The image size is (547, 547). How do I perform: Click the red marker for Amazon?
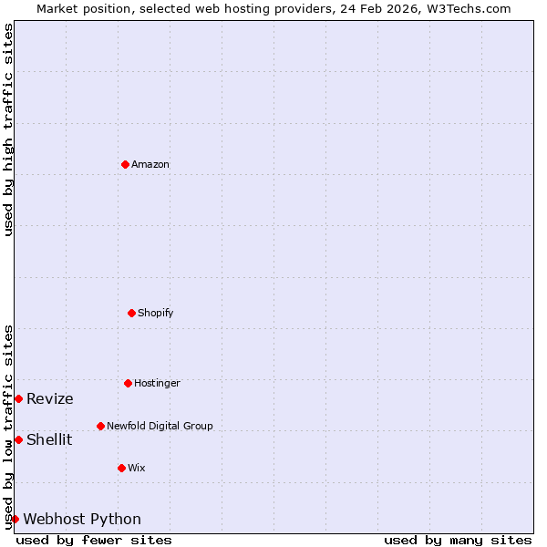click(x=125, y=164)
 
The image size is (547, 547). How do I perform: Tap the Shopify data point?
click(x=131, y=313)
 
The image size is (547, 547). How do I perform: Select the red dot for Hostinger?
click(x=128, y=383)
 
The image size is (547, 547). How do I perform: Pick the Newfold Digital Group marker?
click(x=100, y=426)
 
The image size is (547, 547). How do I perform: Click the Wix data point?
click(x=121, y=468)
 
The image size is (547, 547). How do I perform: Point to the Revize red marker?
click(x=18, y=398)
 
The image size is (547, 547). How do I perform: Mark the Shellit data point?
click(x=18, y=439)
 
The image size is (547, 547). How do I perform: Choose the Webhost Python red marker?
click(x=15, y=519)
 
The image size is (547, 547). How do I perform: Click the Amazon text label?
click(x=150, y=164)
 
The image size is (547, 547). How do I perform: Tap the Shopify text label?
click(x=156, y=313)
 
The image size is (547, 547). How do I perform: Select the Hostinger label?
click(x=157, y=383)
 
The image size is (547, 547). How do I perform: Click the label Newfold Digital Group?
click(x=160, y=426)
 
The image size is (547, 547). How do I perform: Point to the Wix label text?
click(x=137, y=468)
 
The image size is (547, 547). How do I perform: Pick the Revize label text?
click(x=50, y=398)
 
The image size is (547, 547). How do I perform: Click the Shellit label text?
click(x=49, y=439)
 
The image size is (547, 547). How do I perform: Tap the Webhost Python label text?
click(x=82, y=519)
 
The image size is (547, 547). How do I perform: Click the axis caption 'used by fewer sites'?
click(x=94, y=540)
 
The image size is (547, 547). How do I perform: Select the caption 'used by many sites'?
click(x=458, y=540)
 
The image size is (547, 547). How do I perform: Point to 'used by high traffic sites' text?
click(x=8, y=129)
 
